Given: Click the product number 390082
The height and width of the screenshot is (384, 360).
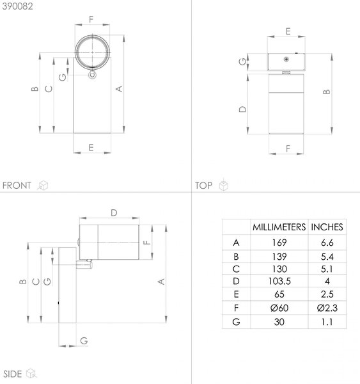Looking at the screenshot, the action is (x=17, y=6).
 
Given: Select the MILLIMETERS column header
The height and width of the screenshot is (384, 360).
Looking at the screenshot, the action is (x=279, y=227).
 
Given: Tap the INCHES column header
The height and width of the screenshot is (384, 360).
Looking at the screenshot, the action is (x=327, y=227).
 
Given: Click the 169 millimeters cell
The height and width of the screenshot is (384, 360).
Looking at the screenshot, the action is (x=279, y=243).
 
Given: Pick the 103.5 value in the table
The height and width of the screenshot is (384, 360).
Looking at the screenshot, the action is (x=279, y=281).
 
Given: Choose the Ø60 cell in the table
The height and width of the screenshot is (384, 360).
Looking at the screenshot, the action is (x=279, y=308).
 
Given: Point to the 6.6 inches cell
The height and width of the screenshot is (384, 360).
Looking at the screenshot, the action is (x=327, y=243).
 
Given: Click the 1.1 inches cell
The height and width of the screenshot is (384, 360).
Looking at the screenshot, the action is (x=327, y=322).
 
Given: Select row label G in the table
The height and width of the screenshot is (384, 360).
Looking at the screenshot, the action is (x=236, y=322).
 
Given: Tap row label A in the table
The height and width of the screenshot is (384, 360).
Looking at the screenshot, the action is (x=236, y=243).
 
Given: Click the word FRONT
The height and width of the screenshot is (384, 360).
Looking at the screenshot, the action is (x=17, y=186).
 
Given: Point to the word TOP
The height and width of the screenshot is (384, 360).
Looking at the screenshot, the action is (x=203, y=186).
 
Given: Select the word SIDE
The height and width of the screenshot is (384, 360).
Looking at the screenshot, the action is (x=13, y=374).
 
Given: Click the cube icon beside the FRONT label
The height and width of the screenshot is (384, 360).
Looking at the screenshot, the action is (x=43, y=186).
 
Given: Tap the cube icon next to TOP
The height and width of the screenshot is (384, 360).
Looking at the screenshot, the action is (x=223, y=186).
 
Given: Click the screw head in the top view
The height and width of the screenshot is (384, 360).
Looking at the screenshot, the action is (x=286, y=60).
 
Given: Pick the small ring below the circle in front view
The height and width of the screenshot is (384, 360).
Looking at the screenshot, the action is (x=92, y=74).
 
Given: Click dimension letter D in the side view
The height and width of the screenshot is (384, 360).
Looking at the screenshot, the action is (x=114, y=213).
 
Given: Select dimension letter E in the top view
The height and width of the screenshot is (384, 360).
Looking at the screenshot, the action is (x=288, y=31).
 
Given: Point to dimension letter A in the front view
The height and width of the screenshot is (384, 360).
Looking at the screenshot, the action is (x=119, y=89).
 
